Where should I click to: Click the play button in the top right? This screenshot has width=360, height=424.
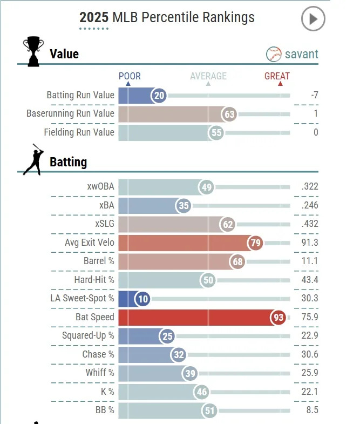tap(313, 19)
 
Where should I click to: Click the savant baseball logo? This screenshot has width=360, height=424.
tap(274, 54)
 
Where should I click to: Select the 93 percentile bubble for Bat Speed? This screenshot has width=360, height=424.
tap(279, 317)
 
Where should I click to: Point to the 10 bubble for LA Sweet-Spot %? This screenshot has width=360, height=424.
tap(142, 299)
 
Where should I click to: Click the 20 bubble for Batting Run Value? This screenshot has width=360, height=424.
tap(159, 96)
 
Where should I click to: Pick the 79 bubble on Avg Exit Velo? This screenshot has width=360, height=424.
tap(256, 243)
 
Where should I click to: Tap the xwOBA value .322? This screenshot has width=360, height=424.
tap(310, 187)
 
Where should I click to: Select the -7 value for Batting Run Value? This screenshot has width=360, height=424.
tap(314, 96)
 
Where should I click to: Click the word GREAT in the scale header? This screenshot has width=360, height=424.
tap(277, 76)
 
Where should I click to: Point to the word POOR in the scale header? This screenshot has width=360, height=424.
tap(130, 76)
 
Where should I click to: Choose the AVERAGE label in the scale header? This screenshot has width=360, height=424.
tap(208, 76)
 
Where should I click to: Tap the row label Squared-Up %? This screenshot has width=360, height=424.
tap(88, 335)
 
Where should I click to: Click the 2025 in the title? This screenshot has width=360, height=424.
tap(94, 17)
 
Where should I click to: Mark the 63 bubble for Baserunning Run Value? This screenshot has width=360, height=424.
tap(230, 114)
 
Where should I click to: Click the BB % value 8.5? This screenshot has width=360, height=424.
tap(311, 410)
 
